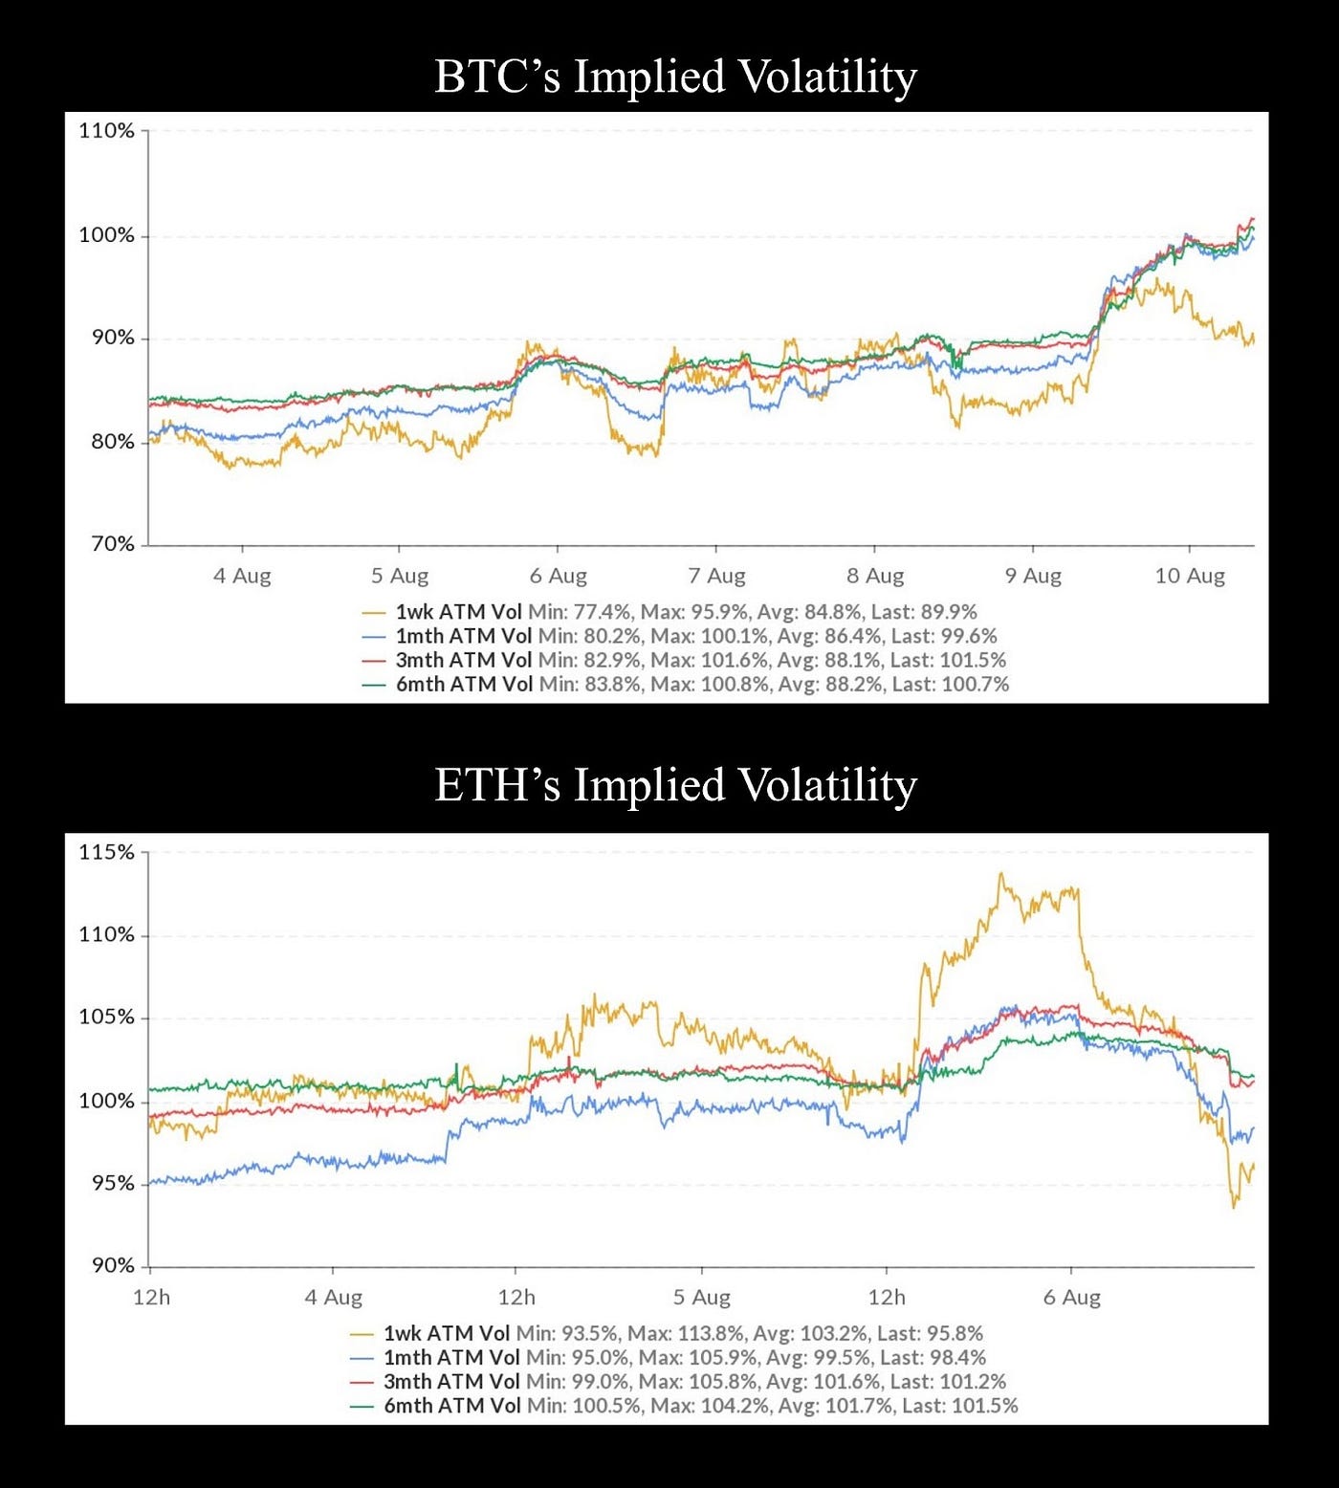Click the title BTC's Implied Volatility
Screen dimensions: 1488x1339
[675, 77]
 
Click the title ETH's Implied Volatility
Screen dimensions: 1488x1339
[675, 785]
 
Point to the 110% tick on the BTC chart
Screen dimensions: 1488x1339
[106, 131]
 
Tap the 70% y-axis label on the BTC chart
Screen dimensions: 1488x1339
[112, 544]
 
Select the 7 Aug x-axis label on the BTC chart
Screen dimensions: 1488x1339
[716, 576]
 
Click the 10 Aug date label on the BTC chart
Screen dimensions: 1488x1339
[1190, 576]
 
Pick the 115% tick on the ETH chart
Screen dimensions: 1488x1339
[106, 852]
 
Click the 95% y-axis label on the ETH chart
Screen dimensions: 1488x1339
[112, 1183]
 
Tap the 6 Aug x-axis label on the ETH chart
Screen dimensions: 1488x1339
[1071, 1298]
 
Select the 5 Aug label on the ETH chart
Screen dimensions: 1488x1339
[701, 1298]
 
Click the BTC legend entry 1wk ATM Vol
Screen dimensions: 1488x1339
[458, 612]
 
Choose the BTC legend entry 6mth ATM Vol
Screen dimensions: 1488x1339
[464, 685]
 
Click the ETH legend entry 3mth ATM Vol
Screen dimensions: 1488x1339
[451, 1382]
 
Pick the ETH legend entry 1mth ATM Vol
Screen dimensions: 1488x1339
[451, 1358]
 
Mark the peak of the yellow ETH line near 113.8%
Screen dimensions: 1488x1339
[1000, 873]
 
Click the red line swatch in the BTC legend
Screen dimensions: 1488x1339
[374, 661]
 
